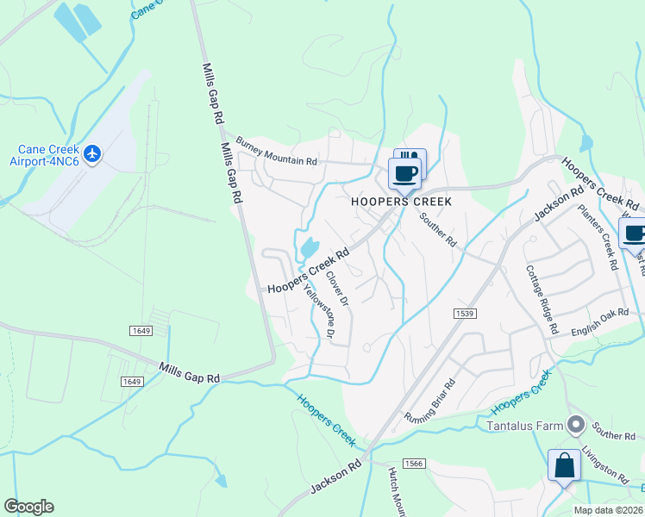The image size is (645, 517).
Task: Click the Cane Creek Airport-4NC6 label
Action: [42, 154]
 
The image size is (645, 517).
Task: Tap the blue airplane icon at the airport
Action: [93, 154]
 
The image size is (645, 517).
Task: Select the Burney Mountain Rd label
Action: [277, 152]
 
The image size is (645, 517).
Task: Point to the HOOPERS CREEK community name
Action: [402, 201]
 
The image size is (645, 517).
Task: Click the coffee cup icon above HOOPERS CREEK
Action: [404, 173]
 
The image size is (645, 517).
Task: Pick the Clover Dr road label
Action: [336, 290]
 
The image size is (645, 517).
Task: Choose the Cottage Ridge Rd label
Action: [542, 299]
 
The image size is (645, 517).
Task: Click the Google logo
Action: [28, 507]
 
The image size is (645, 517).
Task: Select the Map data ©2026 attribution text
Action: [608, 510]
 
